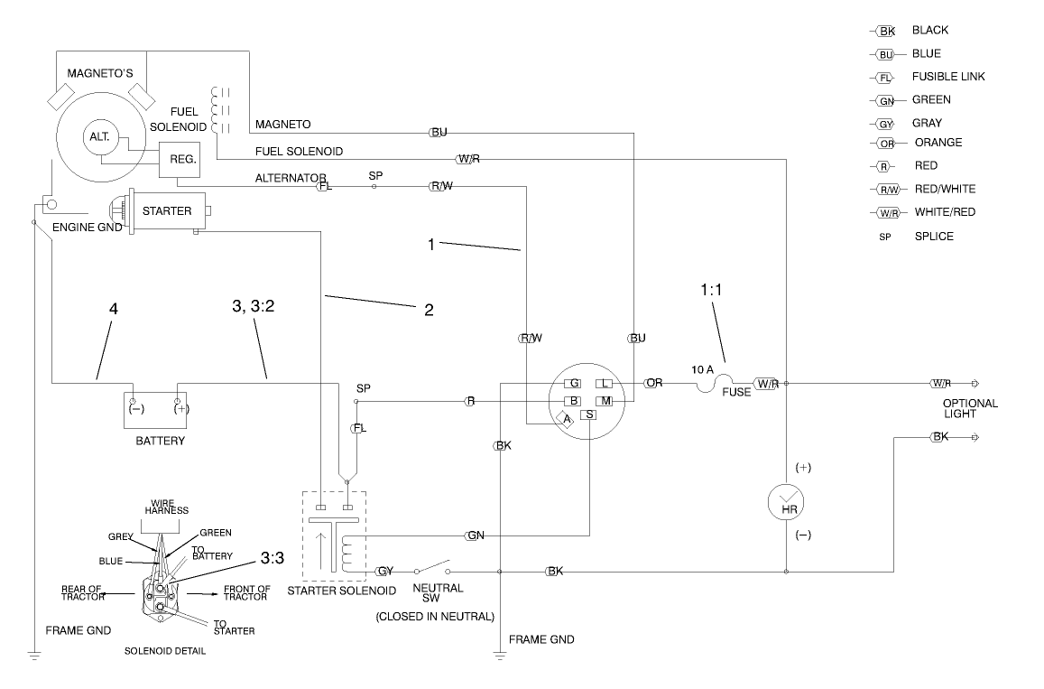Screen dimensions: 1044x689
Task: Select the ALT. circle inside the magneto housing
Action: [98, 137]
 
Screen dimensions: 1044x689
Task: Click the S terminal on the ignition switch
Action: [589, 414]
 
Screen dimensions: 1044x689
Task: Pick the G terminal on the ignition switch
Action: [573, 384]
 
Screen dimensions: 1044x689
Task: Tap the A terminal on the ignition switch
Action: [567, 418]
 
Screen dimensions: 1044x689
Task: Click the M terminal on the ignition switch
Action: [605, 400]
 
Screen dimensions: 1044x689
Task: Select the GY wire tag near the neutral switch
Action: [384, 572]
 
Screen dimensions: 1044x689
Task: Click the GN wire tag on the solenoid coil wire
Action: [475, 535]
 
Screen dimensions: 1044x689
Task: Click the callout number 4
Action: [113, 309]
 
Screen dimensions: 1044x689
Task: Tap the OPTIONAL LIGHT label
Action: [970, 409]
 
